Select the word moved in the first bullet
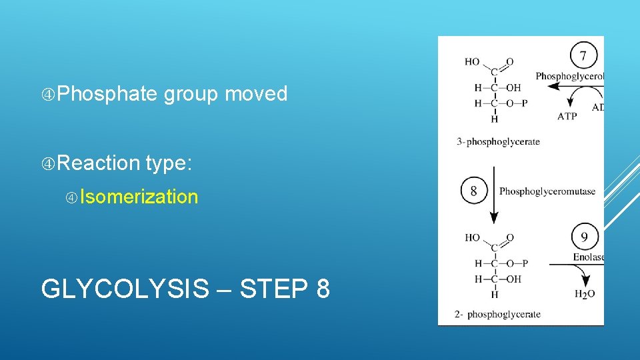(x=256, y=94)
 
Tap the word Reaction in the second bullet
(x=99, y=163)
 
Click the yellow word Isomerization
(x=139, y=197)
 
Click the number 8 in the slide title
(x=322, y=289)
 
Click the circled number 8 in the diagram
(x=473, y=192)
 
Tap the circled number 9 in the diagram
(x=585, y=237)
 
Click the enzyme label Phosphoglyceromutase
(x=547, y=192)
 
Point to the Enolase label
(x=588, y=257)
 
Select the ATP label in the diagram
(x=567, y=116)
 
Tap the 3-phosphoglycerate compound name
(x=498, y=141)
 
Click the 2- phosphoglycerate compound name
(x=499, y=314)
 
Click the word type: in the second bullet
(x=169, y=163)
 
